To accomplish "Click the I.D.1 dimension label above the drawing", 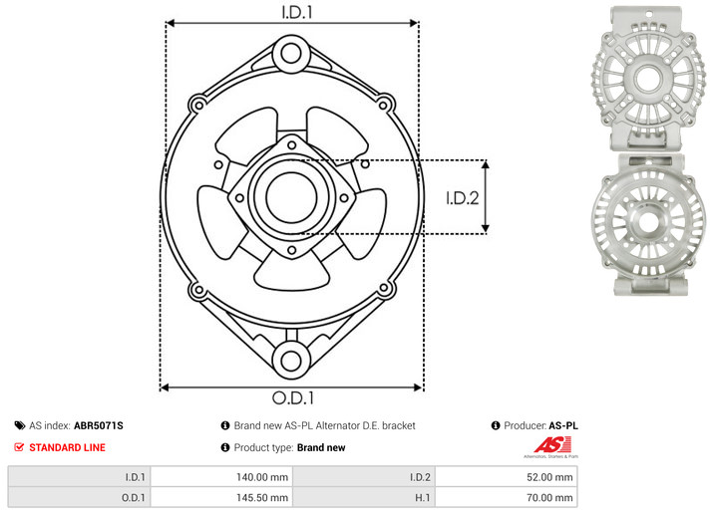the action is pyautogui.click(x=297, y=12).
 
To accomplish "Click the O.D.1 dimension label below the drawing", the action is pyautogui.click(x=293, y=397).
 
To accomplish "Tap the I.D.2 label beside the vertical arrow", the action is pyautogui.click(x=463, y=198).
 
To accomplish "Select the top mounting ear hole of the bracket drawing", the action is pyautogui.click(x=291, y=54).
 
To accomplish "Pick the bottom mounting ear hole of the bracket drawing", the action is pyautogui.click(x=291, y=361).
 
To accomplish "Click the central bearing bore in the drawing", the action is pyautogui.click(x=291, y=198).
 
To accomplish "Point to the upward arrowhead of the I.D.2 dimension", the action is pyautogui.click(x=486, y=164).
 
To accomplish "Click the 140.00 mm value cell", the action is pyautogui.click(x=221, y=477).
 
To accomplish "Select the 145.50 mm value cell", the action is pyautogui.click(x=221, y=498).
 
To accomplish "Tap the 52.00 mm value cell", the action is pyautogui.click(x=506, y=477).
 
